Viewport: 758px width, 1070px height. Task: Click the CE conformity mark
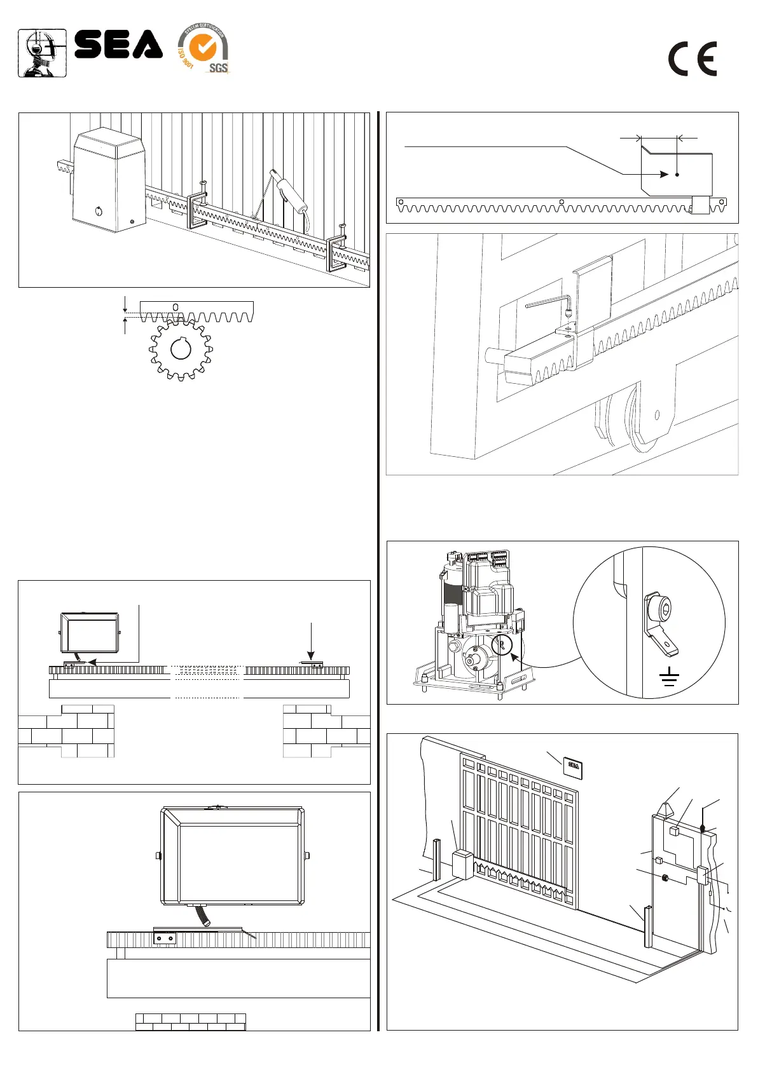click(693, 59)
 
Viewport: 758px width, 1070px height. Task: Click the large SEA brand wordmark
click(118, 44)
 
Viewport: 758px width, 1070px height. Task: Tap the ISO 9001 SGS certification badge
click(203, 49)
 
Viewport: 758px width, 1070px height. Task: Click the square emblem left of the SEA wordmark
click(42, 53)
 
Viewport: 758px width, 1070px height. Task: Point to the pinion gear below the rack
click(181, 350)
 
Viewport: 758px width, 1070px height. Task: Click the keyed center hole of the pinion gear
click(181, 349)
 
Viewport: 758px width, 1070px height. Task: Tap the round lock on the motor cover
click(99, 212)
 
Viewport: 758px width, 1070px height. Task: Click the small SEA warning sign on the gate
click(573, 768)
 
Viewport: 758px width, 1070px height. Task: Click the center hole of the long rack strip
click(562, 203)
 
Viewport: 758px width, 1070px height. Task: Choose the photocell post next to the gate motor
click(436, 859)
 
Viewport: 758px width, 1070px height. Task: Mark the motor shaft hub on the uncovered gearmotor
click(471, 661)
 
